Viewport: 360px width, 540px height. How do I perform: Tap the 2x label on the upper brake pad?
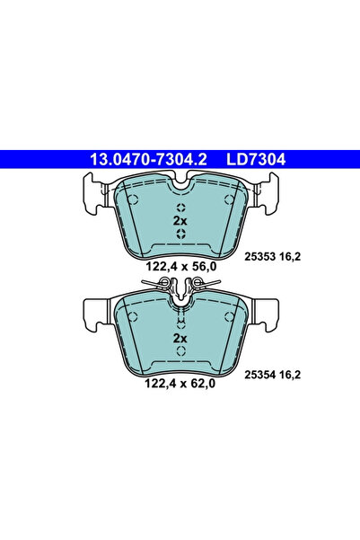[180, 220]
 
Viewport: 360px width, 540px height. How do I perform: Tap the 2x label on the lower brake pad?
[180, 338]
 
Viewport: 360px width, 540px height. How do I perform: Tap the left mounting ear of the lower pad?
[94, 311]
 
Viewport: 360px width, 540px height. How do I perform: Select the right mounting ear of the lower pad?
[266, 311]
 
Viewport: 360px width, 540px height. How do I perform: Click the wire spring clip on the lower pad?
[180, 288]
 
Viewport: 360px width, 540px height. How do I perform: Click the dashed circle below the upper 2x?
[180, 235]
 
